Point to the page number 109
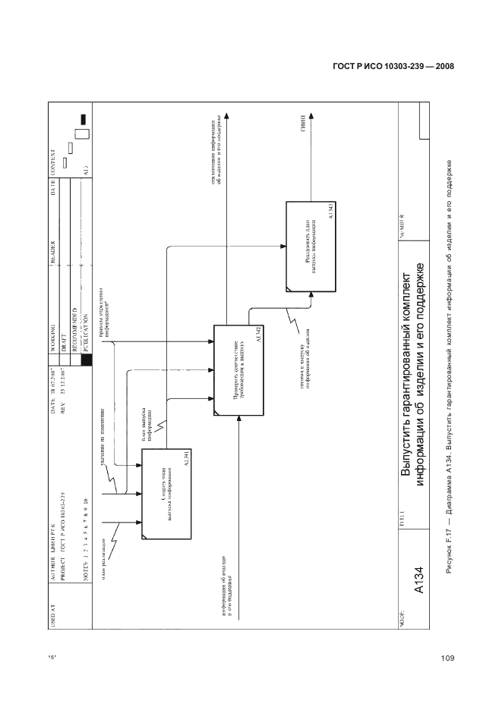[447, 658]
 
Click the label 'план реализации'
[101, 560]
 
